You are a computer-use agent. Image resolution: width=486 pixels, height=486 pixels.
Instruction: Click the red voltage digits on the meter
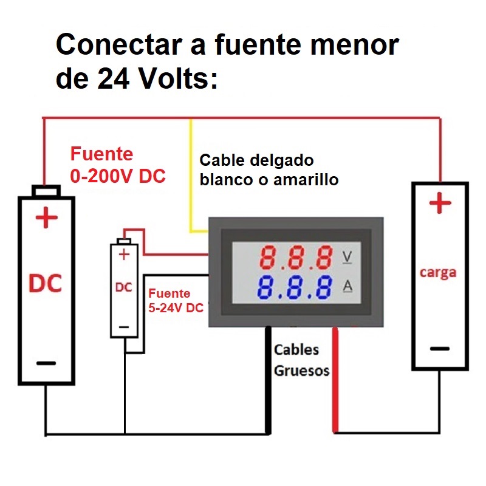(x=296, y=258)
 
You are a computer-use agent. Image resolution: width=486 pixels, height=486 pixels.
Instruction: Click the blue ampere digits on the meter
(x=296, y=288)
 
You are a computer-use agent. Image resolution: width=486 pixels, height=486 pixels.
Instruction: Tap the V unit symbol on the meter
(x=347, y=258)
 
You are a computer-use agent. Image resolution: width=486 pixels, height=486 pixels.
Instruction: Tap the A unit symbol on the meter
(x=347, y=286)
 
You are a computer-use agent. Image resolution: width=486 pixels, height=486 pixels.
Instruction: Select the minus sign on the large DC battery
(x=46, y=363)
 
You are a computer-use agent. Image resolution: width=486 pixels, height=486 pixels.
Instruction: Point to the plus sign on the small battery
(x=125, y=255)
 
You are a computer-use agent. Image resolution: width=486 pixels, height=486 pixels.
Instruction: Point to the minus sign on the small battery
(x=125, y=326)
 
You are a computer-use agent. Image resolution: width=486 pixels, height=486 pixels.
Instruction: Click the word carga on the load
(x=438, y=272)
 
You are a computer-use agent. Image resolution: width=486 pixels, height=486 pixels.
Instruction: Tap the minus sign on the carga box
(x=440, y=349)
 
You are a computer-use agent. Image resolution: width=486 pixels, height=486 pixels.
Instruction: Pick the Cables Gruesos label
(x=301, y=360)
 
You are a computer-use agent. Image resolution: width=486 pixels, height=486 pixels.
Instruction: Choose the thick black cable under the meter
(x=268, y=383)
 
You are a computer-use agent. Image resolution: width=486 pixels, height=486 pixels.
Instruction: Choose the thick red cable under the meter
(x=334, y=383)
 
